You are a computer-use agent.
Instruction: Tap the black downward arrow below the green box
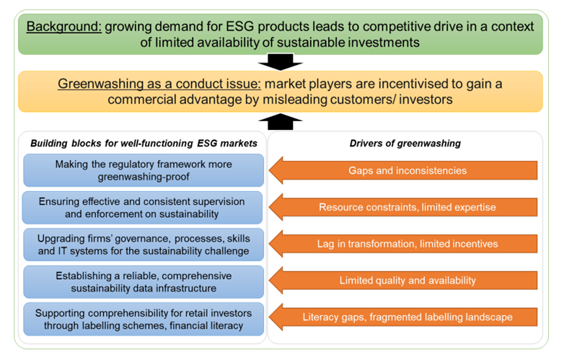point(281,62)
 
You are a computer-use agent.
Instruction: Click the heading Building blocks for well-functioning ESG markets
point(144,144)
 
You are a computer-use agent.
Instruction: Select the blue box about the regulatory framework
point(144,171)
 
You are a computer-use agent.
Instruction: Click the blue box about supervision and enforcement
point(144,208)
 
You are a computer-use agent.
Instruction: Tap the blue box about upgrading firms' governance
point(144,245)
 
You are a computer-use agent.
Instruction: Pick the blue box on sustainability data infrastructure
point(144,281)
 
